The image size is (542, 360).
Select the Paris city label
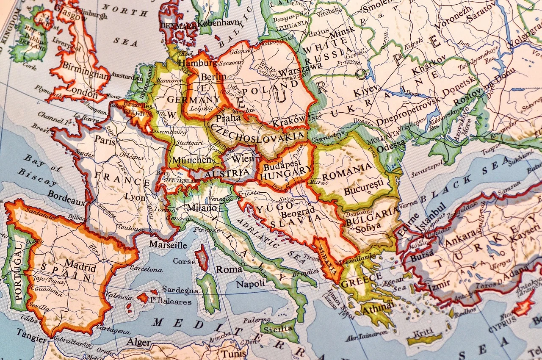(105, 141)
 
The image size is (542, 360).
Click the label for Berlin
(213, 77)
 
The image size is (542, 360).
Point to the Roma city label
(229, 269)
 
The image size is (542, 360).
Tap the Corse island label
(184, 261)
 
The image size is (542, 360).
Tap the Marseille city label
(168, 245)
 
